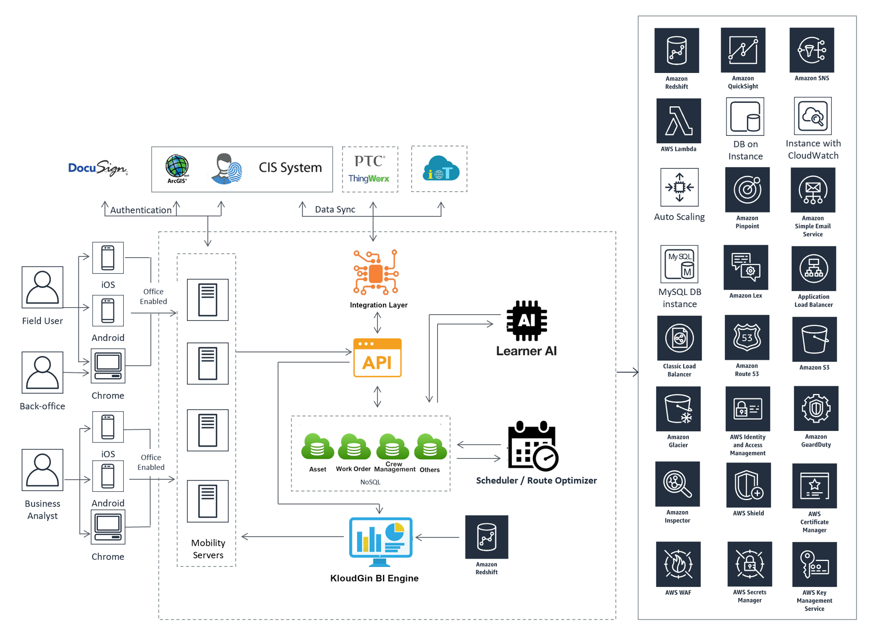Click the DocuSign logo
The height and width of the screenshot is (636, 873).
[x=98, y=168]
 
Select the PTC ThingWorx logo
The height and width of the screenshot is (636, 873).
[x=370, y=169]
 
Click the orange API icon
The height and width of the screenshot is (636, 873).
[x=377, y=358]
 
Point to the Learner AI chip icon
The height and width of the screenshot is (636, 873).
[x=526, y=320]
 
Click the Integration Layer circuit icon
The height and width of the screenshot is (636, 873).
[x=376, y=273]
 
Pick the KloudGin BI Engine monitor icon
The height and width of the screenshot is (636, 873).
[x=380, y=541]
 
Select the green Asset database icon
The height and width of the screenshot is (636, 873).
[x=318, y=447]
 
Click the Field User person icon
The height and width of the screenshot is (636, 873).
[x=43, y=287]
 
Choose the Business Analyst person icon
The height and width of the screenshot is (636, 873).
[x=43, y=470]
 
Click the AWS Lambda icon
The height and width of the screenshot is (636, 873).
[x=678, y=121]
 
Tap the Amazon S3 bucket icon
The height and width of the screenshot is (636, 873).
[x=814, y=339]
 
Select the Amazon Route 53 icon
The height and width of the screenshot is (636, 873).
[x=747, y=338]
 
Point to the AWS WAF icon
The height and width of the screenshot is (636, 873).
[x=678, y=564]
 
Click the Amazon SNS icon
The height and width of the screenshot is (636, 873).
[x=811, y=50]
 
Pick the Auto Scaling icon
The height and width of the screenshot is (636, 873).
[x=679, y=187]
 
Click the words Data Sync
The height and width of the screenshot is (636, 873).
[x=335, y=209]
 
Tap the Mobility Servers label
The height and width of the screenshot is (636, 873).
[x=208, y=548]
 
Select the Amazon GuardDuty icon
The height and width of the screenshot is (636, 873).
[x=815, y=408]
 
